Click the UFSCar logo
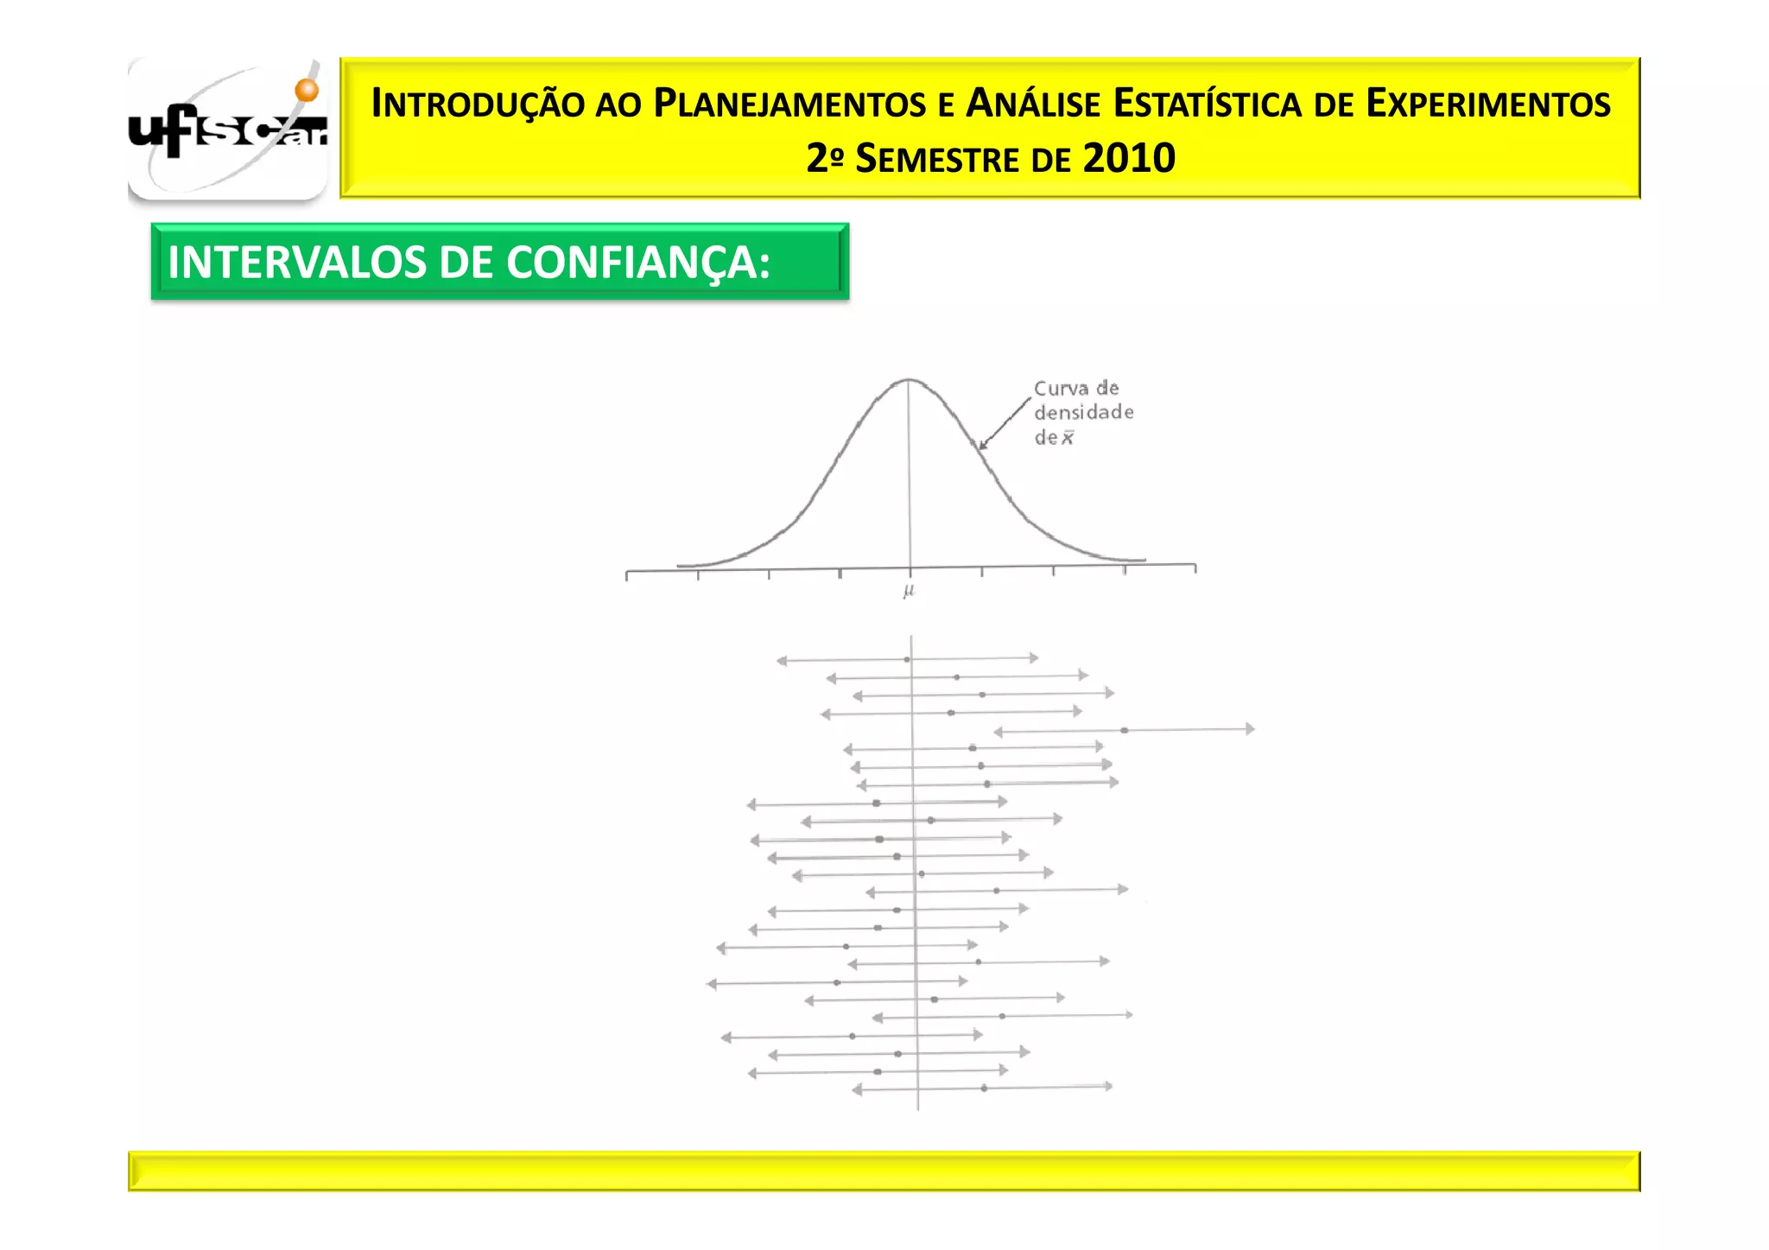click(x=227, y=130)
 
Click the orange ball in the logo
click(x=307, y=90)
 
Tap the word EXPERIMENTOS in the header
click(x=1487, y=104)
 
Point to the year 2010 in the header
click(x=1129, y=158)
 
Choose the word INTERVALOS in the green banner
click(x=297, y=263)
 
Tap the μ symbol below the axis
click(x=909, y=591)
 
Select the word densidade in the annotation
click(x=1083, y=412)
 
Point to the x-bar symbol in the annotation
click(x=1068, y=438)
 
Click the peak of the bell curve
click(x=909, y=379)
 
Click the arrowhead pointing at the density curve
click(x=982, y=446)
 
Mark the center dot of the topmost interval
click(x=907, y=659)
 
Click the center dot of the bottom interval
click(x=984, y=1088)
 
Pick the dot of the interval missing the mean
click(x=1124, y=731)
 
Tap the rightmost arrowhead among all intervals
click(x=1250, y=729)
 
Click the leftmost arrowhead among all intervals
click(x=712, y=984)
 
